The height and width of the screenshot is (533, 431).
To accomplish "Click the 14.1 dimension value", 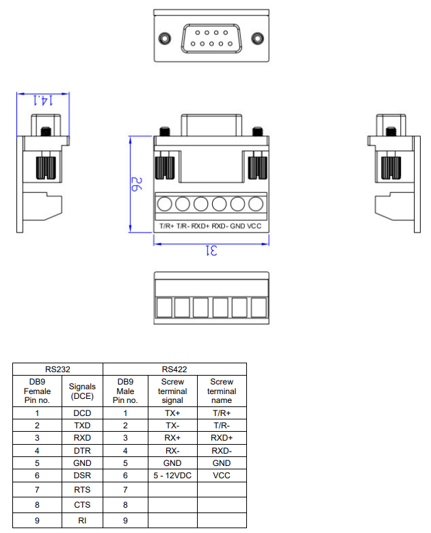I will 42,100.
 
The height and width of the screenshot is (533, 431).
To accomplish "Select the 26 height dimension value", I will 135,184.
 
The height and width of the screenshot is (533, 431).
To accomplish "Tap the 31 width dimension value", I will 211,251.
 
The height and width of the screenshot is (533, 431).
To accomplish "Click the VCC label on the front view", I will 254,226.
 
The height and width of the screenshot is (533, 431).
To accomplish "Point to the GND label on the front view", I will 237,226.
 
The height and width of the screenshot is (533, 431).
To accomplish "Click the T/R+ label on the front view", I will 167,226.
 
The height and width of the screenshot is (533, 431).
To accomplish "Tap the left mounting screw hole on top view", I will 164,38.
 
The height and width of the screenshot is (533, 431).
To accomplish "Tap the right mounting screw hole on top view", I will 257,38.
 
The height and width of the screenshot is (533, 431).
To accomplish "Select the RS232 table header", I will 57,368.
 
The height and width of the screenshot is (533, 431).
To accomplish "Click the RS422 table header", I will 174,368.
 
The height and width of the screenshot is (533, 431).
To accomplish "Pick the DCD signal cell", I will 81,413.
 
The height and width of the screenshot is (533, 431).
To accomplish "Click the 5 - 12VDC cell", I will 172,474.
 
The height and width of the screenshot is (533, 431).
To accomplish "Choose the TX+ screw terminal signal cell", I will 172,413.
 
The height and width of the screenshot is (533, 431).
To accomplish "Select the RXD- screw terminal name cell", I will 222,450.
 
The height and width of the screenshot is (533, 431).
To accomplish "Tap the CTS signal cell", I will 81,505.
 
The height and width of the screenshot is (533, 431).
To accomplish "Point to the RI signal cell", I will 81,521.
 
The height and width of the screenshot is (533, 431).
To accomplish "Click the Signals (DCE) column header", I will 81,391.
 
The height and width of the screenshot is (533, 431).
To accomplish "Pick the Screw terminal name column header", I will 222,391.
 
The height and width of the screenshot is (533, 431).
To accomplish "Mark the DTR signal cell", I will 81,450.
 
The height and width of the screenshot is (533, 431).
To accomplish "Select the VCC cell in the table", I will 222,474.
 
